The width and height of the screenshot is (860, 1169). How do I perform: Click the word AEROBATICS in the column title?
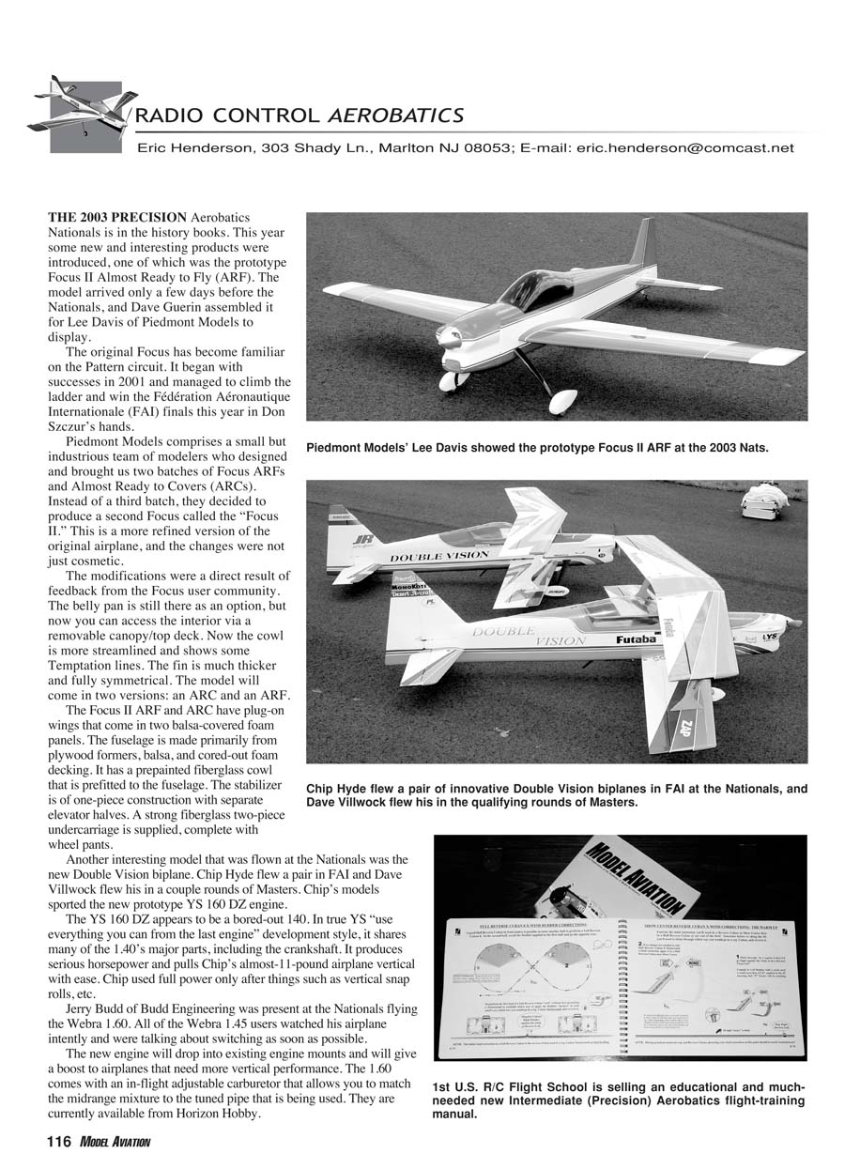coord(394,116)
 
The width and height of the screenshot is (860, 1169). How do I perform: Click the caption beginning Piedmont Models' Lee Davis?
coord(537,448)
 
